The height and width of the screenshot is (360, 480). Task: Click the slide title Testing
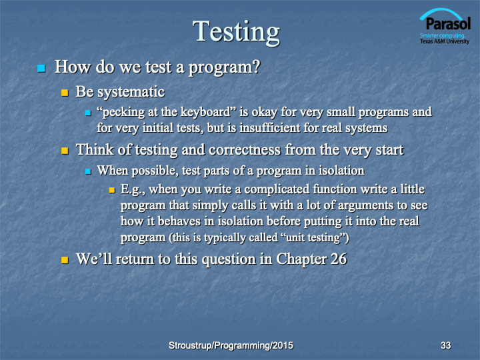pos(236,32)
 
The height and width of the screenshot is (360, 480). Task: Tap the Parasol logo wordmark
pos(448,23)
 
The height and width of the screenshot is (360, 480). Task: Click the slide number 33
pos(446,345)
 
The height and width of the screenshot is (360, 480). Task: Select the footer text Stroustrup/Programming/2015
pos(231,345)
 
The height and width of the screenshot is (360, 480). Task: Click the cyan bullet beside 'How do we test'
pos(41,68)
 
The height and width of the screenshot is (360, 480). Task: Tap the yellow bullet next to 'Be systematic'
pos(65,93)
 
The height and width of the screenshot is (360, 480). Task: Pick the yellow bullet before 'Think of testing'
pos(65,151)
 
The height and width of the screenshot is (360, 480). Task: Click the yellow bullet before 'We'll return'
pos(65,260)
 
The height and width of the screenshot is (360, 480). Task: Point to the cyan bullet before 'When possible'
pos(88,171)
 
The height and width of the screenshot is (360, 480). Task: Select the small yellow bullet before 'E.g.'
pos(112,190)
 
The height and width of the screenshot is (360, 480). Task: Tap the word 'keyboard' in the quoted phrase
pos(205,112)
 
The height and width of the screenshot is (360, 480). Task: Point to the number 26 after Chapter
pos(339,259)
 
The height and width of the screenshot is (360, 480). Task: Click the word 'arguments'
pos(365,205)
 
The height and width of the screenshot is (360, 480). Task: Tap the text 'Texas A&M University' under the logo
pos(445,41)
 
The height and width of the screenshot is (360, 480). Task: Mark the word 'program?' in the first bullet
pos(224,67)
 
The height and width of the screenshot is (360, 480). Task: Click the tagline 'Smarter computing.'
pos(443,35)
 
